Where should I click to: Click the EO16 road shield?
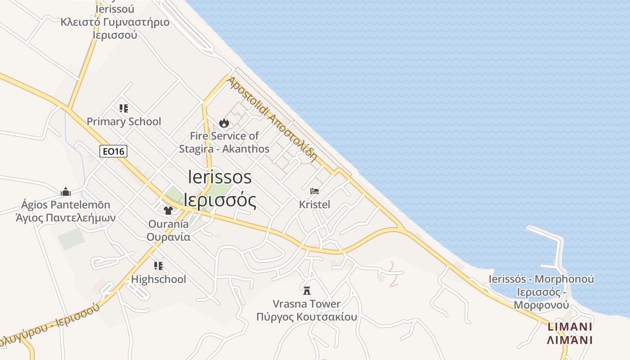113,151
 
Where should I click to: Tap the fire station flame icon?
224,123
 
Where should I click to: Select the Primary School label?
124,121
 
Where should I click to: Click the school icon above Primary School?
124,108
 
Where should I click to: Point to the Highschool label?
158,279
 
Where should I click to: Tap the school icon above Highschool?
158,265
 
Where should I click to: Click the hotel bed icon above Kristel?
315,191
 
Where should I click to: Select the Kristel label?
315,205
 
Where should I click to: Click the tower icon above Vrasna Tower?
307,290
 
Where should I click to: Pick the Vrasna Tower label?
307,304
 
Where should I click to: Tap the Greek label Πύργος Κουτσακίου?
306,317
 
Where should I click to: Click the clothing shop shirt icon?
168,210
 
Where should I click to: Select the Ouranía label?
168,224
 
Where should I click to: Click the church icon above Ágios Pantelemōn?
66,192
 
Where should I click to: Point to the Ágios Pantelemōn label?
66,205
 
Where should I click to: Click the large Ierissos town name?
220,177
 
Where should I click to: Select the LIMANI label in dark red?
570,327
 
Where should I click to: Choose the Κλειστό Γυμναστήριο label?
115,22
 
